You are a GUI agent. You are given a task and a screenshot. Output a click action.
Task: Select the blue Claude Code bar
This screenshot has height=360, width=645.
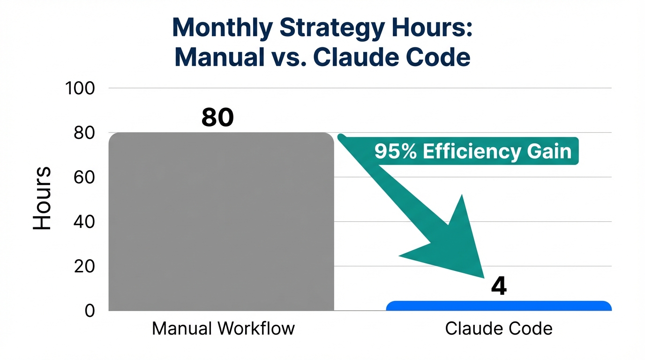tap(499, 306)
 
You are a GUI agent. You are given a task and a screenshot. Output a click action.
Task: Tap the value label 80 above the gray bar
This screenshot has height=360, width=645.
tap(217, 118)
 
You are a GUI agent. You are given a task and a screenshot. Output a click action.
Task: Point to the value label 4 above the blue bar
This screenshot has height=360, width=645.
tap(499, 286)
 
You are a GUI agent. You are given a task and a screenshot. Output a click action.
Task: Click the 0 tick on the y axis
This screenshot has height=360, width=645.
tap(90, 311)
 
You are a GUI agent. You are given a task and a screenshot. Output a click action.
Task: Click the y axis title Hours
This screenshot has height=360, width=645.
tap(42, 198)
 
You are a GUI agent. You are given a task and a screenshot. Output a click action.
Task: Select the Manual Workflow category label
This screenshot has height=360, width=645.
tap(223, 328)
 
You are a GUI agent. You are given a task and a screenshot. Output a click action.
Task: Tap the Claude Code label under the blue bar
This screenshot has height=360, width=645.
tap(499, 328)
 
